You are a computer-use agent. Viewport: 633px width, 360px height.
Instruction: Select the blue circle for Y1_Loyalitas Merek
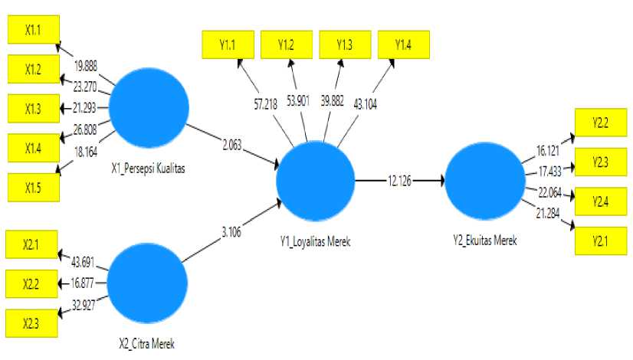[x=316, y=181]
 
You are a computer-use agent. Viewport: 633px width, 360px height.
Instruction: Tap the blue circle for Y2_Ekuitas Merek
[x=484, y=182]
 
